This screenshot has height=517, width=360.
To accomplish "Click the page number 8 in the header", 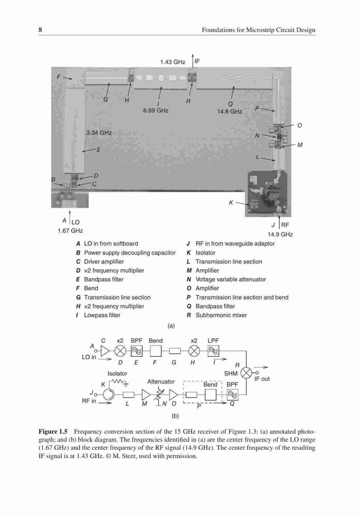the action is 40,30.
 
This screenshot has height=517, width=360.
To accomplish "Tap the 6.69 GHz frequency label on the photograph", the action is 156,111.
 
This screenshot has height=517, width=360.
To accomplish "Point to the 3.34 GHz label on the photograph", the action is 99,133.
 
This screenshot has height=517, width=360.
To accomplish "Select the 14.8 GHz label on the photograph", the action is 230,112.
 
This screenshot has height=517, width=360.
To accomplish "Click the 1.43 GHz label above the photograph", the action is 173,62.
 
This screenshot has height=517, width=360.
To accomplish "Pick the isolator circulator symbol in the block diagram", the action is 108,394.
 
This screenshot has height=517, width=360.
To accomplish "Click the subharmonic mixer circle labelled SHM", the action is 246,373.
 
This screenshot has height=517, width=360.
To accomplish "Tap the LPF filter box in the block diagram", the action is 213,351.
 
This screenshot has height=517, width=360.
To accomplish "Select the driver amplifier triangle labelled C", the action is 106,351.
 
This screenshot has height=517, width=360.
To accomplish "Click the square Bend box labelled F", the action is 155,351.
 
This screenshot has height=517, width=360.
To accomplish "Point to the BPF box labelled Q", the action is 232,394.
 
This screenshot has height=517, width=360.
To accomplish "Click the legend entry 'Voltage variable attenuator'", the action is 231,279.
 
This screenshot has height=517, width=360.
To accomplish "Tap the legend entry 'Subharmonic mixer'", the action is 221,315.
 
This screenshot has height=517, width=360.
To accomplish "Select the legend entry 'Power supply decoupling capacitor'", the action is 130,253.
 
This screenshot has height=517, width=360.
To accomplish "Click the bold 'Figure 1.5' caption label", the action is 53,432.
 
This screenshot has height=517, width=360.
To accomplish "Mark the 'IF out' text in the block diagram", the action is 262,379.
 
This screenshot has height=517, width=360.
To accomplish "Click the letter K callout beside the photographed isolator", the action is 231,203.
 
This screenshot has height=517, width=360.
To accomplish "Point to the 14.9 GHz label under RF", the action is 280,234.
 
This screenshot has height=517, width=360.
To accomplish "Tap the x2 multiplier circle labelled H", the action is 194,351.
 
